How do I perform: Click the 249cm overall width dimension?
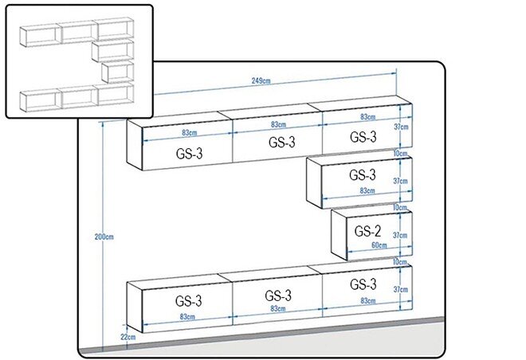tap(261, 80)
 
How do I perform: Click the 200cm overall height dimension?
tap(104, 237)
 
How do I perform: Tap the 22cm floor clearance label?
tap(128, 337)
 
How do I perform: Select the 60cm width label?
tap(379, 245)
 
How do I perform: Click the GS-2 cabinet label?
tap(367, 231)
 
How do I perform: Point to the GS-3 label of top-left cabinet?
tap(189, 154)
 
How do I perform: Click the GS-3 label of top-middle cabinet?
tap(282, 142)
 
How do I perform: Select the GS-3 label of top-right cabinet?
tap(363, 137)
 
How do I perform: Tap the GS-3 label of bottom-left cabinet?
tap(189, 301)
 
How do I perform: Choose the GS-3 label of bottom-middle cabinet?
tap(278, 295)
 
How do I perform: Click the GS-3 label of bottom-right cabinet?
tap(363, 284)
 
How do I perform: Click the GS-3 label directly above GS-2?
tap(363, 174)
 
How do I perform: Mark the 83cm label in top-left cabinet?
tap(190, 133)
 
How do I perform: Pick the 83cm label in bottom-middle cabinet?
tap(278, 308)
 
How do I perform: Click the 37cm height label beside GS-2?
tap(400, 235)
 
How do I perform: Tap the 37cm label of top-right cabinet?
tap(401, 127)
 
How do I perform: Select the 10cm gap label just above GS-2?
tap(400, 208)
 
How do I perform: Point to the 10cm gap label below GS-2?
tap(400, 262)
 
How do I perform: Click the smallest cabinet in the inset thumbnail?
tap(117, 72)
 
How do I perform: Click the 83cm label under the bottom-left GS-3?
tap(187, 316)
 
